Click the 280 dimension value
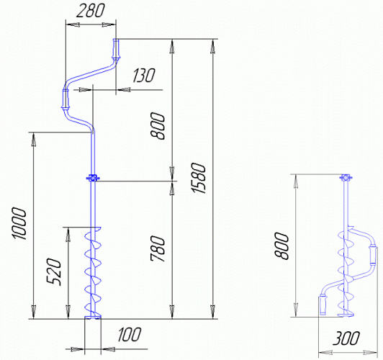coord(90,12)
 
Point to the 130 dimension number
coord(144,75)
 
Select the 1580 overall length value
coord(199,178)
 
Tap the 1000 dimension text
coord(19,223)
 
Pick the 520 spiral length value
coord(53,271)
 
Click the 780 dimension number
coord(158,248)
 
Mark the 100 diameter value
coord(129,335)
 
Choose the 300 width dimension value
coord(346,338)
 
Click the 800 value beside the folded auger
coord(281,246)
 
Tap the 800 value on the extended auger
coord(158,126)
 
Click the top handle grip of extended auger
coord(116,49)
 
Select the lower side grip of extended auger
coord(66,99)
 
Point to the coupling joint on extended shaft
coord(93,179)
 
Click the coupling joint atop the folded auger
coord(346,178)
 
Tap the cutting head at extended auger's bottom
coord(93,317)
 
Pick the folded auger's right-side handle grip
coord(373,255)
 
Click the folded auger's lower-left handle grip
coord(323,305)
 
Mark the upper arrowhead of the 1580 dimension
coord(213,47)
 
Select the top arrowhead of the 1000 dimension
coord(33,140)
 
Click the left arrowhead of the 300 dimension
coord(325,353)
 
